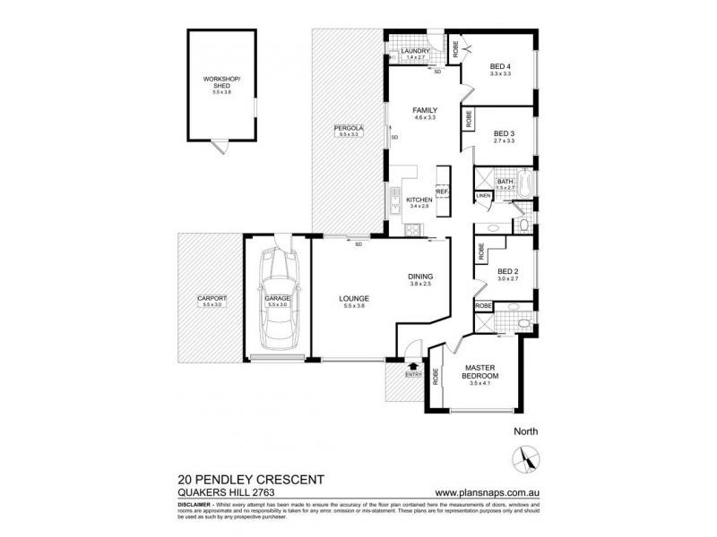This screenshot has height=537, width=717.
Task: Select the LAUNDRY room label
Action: coord(416,52)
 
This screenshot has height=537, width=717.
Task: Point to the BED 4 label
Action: coord(501,67)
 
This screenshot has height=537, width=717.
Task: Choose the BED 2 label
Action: coord(507,272)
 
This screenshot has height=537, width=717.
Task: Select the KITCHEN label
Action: coord(419,200)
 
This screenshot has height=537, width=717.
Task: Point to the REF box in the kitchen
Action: coord(441,192)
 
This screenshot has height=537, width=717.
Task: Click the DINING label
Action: coord(421,277)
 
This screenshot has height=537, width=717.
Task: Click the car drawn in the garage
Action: coord(276,302)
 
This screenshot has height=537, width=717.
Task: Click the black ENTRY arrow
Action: coord(412,364)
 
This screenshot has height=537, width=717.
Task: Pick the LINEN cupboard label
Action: coord(483,195)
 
